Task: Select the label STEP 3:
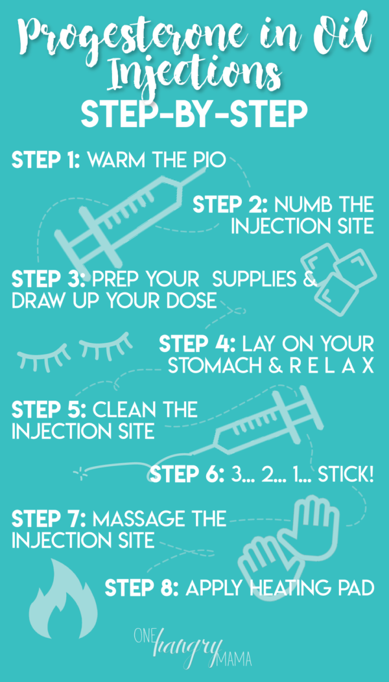click(x=47, y=279)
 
